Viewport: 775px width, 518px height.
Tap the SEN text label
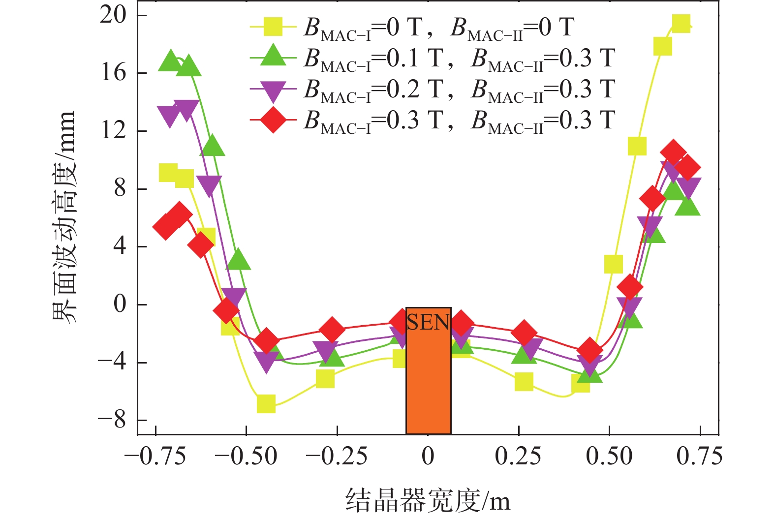(428, 322)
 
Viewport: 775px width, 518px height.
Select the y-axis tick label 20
(113, 15)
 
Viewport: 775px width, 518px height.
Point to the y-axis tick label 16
(113, 73)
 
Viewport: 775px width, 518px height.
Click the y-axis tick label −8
(112, 420)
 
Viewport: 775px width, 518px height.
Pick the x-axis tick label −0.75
(155, 457)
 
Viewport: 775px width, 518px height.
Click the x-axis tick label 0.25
(518, 457)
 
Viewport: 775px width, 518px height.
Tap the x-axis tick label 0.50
(609, 457)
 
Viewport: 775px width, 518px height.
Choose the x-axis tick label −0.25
(337, 457)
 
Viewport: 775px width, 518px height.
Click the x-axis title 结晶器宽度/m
(428, 500)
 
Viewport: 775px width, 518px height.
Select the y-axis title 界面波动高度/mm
(64, 216)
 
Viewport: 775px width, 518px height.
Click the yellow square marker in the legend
(273, 27)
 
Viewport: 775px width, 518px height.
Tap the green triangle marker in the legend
(273, 57)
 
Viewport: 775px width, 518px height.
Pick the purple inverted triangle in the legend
(273, 90)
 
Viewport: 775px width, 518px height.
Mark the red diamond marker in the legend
(273, 120)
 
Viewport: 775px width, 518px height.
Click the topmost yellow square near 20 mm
(681, 23)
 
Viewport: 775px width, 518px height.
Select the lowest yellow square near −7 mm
(266, 404)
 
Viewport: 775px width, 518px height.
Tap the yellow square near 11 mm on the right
(637, 146)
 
